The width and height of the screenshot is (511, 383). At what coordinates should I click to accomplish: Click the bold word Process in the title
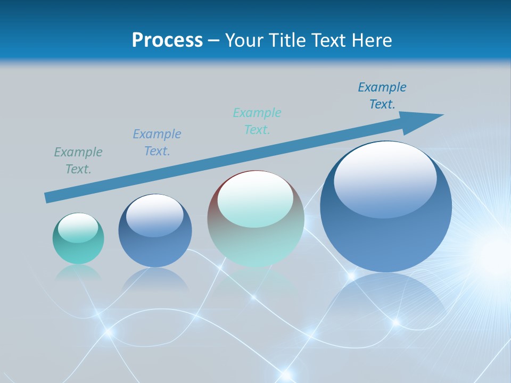click(167, 40)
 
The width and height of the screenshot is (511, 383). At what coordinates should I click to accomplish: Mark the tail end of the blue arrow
click(48, 197)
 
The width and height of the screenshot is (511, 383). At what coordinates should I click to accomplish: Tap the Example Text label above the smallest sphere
click(78, 161)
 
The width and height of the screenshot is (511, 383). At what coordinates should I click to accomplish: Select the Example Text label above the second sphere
click(157, 143)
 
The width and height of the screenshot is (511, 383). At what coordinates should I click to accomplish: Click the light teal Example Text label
click(257, 121)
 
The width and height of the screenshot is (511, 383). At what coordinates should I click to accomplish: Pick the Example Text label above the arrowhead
click(382, 96)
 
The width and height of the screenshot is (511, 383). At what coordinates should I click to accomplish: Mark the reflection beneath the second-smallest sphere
click(155, 280)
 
